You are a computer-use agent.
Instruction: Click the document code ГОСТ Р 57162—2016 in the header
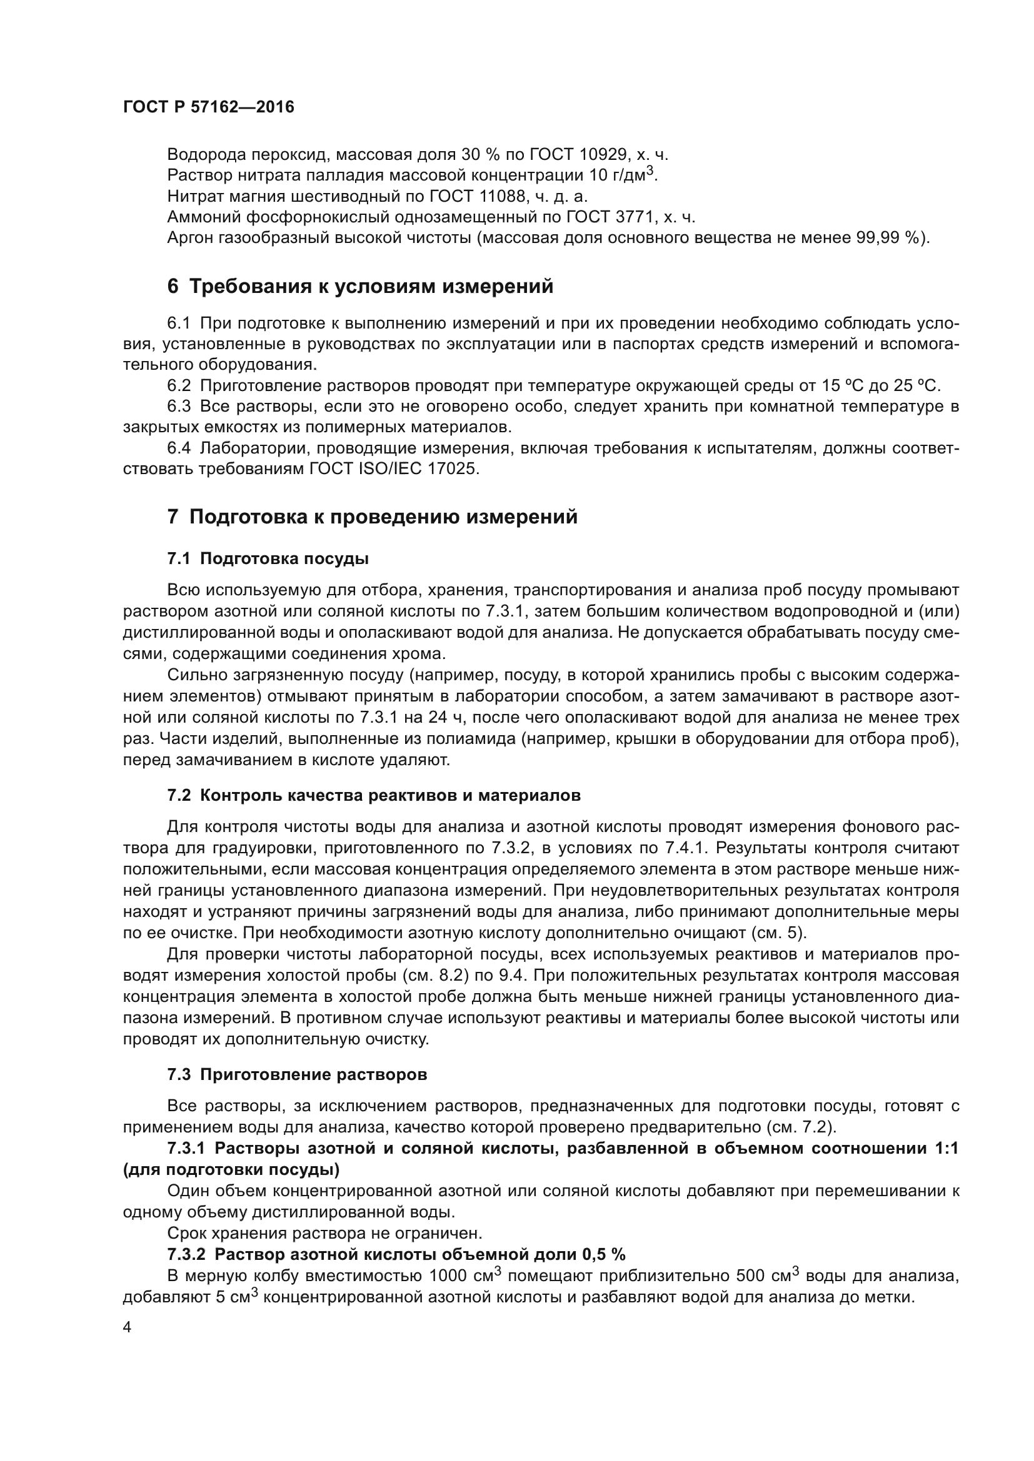208,107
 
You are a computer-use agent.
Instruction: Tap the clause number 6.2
179,385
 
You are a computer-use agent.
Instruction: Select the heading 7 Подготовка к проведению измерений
372,517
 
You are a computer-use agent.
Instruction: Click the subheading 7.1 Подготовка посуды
268,558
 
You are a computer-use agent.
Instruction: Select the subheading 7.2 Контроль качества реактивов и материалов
374,795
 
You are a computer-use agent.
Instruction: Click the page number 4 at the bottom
127,1327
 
